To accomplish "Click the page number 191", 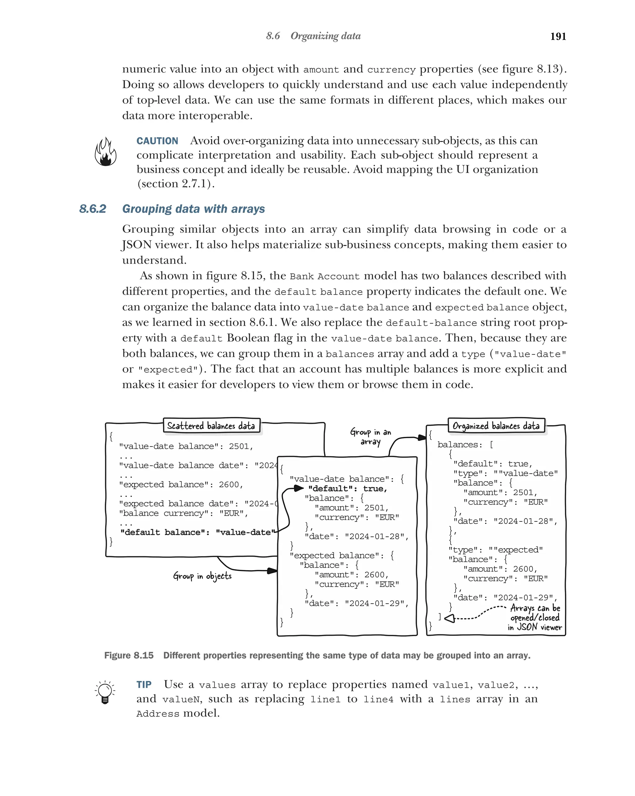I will pos(558,36).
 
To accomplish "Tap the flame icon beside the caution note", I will pos(106,152).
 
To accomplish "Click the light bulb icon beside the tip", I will pos(105,692).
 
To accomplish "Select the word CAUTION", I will pos(157,141).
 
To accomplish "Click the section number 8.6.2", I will pos(93,209).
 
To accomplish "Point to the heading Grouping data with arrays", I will pos(193,209).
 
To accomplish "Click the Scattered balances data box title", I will pos(211,426).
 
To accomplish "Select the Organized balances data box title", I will pos(496,426).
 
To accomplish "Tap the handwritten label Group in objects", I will pos(202,576).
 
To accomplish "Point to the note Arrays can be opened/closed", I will pos(535,617).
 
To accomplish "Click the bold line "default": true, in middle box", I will pos(347,488).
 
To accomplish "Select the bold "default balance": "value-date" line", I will pos(198,532).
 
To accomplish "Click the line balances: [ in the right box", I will pos(465,445).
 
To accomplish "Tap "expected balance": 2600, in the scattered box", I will pos(181,484).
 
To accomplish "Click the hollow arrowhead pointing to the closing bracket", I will pos(450,618).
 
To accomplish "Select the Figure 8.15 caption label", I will pos(129,655).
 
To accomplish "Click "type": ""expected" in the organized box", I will pos(495,550).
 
